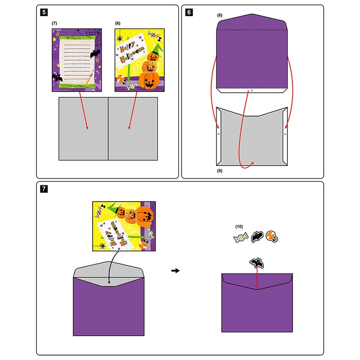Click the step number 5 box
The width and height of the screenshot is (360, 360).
coord(44,12)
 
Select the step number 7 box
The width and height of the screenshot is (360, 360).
coord(44,189)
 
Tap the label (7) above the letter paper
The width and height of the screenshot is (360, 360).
coord(54,22)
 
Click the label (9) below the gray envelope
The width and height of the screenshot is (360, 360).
coord(219,171)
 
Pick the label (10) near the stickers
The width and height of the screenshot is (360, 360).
coord(239,226)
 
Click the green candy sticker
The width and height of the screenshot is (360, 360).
coord(241,237)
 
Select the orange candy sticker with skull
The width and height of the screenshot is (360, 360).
coord(272,236)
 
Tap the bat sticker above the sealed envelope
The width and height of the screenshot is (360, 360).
coord(256,263)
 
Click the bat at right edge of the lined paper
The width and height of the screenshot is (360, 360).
coord(94,54)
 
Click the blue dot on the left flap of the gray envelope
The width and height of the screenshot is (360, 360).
coord(218,134)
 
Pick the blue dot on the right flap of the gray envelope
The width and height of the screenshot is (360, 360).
coord(286,134)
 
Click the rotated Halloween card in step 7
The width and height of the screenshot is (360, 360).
coord(124,225)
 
